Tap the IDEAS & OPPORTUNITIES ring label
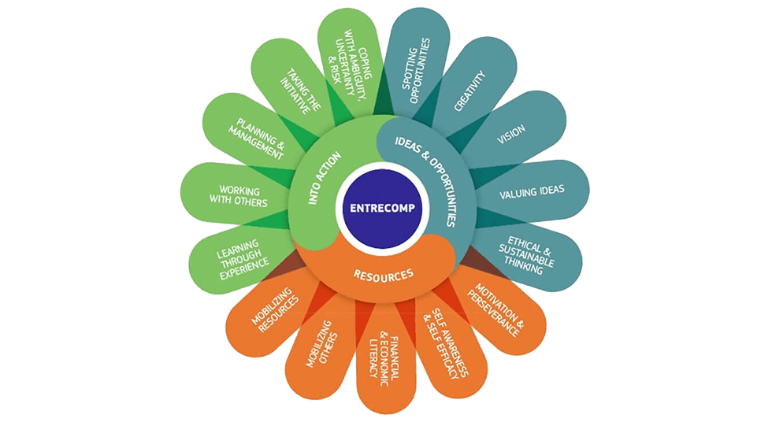429,176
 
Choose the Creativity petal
470,92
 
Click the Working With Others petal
232,194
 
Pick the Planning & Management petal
259,138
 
